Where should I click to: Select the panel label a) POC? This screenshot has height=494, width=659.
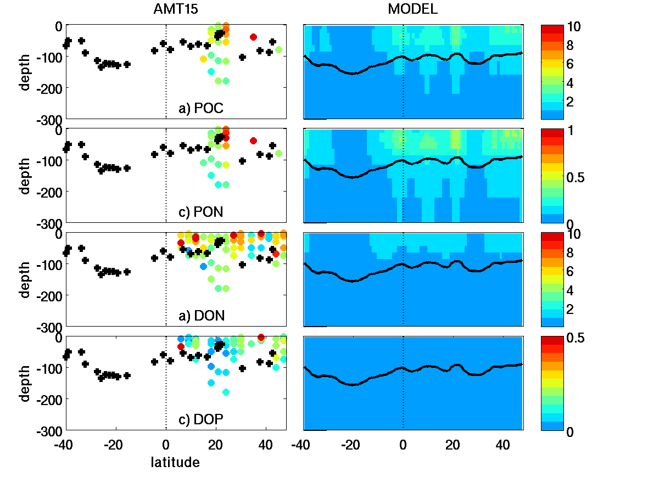[201, 109]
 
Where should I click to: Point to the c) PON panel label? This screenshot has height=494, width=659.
[201, 212]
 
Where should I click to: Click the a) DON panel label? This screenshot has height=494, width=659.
[201, 316]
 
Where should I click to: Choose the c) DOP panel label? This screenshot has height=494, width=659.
[201, 420]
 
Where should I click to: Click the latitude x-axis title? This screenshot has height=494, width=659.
[175, 463]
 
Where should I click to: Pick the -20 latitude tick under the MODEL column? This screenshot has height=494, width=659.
[350, 443]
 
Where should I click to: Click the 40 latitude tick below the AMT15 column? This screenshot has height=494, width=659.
[266, 443]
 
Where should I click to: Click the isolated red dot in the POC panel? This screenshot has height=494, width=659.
[253, 37]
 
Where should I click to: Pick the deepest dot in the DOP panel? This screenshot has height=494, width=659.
[226, 392]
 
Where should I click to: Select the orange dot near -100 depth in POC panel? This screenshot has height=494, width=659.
[204, 59]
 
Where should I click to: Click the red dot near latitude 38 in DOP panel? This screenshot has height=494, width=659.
[261, 337]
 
